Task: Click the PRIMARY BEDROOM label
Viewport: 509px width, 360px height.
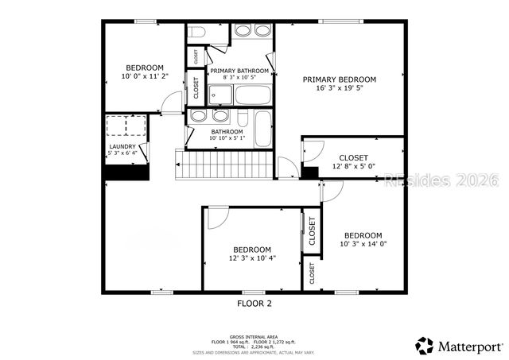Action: click(340, 79)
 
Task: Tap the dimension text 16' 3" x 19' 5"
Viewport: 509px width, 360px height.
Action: click(340, 89)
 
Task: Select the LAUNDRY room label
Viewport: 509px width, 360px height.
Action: click(122, 146)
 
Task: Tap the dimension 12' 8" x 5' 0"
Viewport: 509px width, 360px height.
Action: click(353, 167)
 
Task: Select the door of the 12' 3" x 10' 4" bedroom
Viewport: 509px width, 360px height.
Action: click(218, 218)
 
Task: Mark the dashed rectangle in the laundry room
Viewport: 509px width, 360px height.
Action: click(128, 126)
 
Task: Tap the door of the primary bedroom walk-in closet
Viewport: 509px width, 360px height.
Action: click(311, 149)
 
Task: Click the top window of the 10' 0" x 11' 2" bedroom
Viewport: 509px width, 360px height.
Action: click(144, 21)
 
